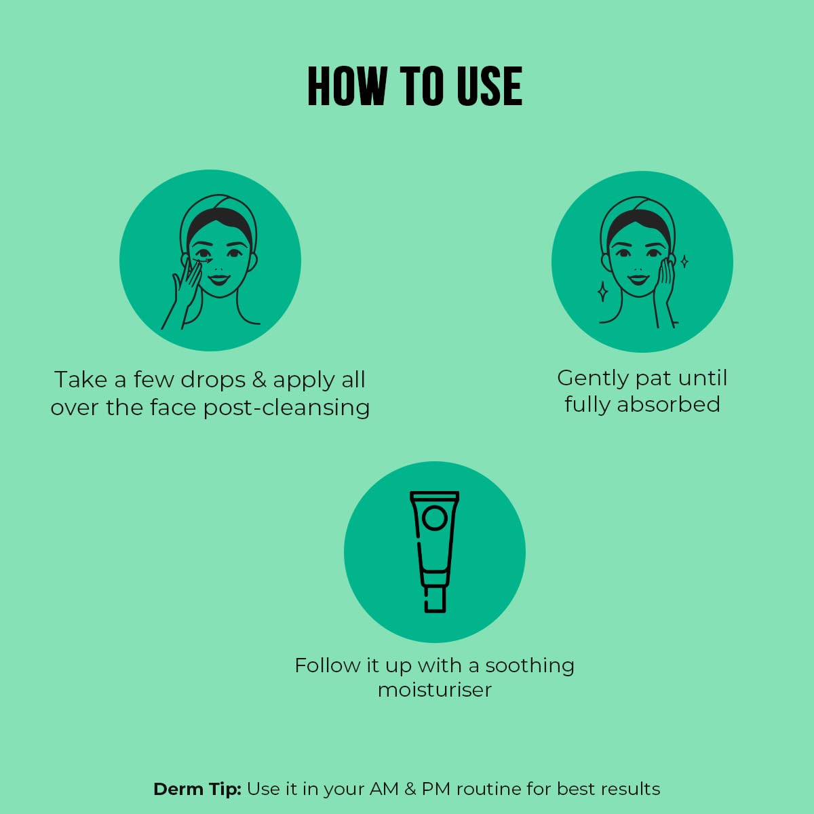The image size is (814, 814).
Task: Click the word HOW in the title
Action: click(347, 86)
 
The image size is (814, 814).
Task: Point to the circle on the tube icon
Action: click(434, 518)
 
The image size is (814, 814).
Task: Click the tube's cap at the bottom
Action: click(435, 599)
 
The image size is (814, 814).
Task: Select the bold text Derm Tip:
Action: click(197, 789)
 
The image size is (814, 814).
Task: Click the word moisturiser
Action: click(435, 690)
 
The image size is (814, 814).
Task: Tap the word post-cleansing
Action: click(286, 408)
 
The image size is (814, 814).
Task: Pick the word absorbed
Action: click(669, 404)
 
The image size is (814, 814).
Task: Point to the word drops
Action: click(213, 381)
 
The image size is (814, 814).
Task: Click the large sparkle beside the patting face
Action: click(603, 292)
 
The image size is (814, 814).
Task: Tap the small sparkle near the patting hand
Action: click(684, 261)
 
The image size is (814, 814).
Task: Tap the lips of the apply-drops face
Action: click(219, 279)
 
